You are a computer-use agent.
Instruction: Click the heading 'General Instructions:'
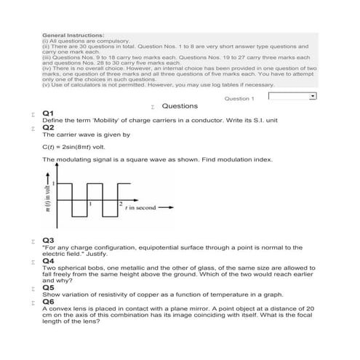click(73, 34)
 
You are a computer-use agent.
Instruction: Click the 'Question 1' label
click(239, 98)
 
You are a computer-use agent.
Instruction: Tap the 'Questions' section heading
click(179, 106)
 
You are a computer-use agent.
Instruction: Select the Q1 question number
click(48, 113)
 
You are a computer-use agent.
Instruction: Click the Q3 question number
click(48, 239)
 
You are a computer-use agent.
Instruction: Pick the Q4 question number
click(48, 260)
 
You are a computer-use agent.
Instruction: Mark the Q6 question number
click(48, 300)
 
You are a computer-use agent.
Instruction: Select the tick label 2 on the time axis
click(120, 201)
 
